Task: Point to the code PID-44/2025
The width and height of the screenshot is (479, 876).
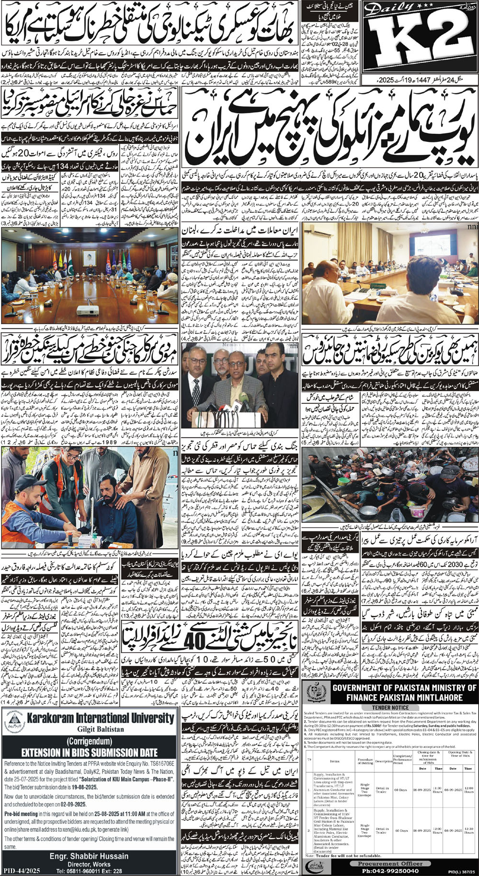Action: pyautogui.click(x=21, y=867)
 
